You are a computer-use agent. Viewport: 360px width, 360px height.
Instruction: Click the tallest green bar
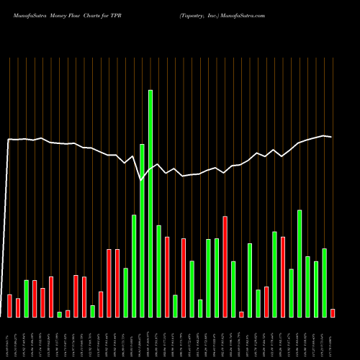pyautogui.click(x=150, y=204)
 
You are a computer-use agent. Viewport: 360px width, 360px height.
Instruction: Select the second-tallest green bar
pyautogui.click(x=143, y=230)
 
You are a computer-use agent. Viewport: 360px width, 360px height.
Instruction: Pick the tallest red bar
pyautogui.click(x=225, y=266)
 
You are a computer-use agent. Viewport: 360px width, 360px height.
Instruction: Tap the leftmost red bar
pyautogui.click(x=9, y=306)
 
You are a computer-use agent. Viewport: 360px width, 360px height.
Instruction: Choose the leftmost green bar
pyautogui.click(x=26, y=299)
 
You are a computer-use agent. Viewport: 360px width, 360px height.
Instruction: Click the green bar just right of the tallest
pyautogui.click(x=158, y=271)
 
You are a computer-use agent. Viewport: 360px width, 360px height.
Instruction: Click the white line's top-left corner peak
pyautogui.click(x=9, y=140)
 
